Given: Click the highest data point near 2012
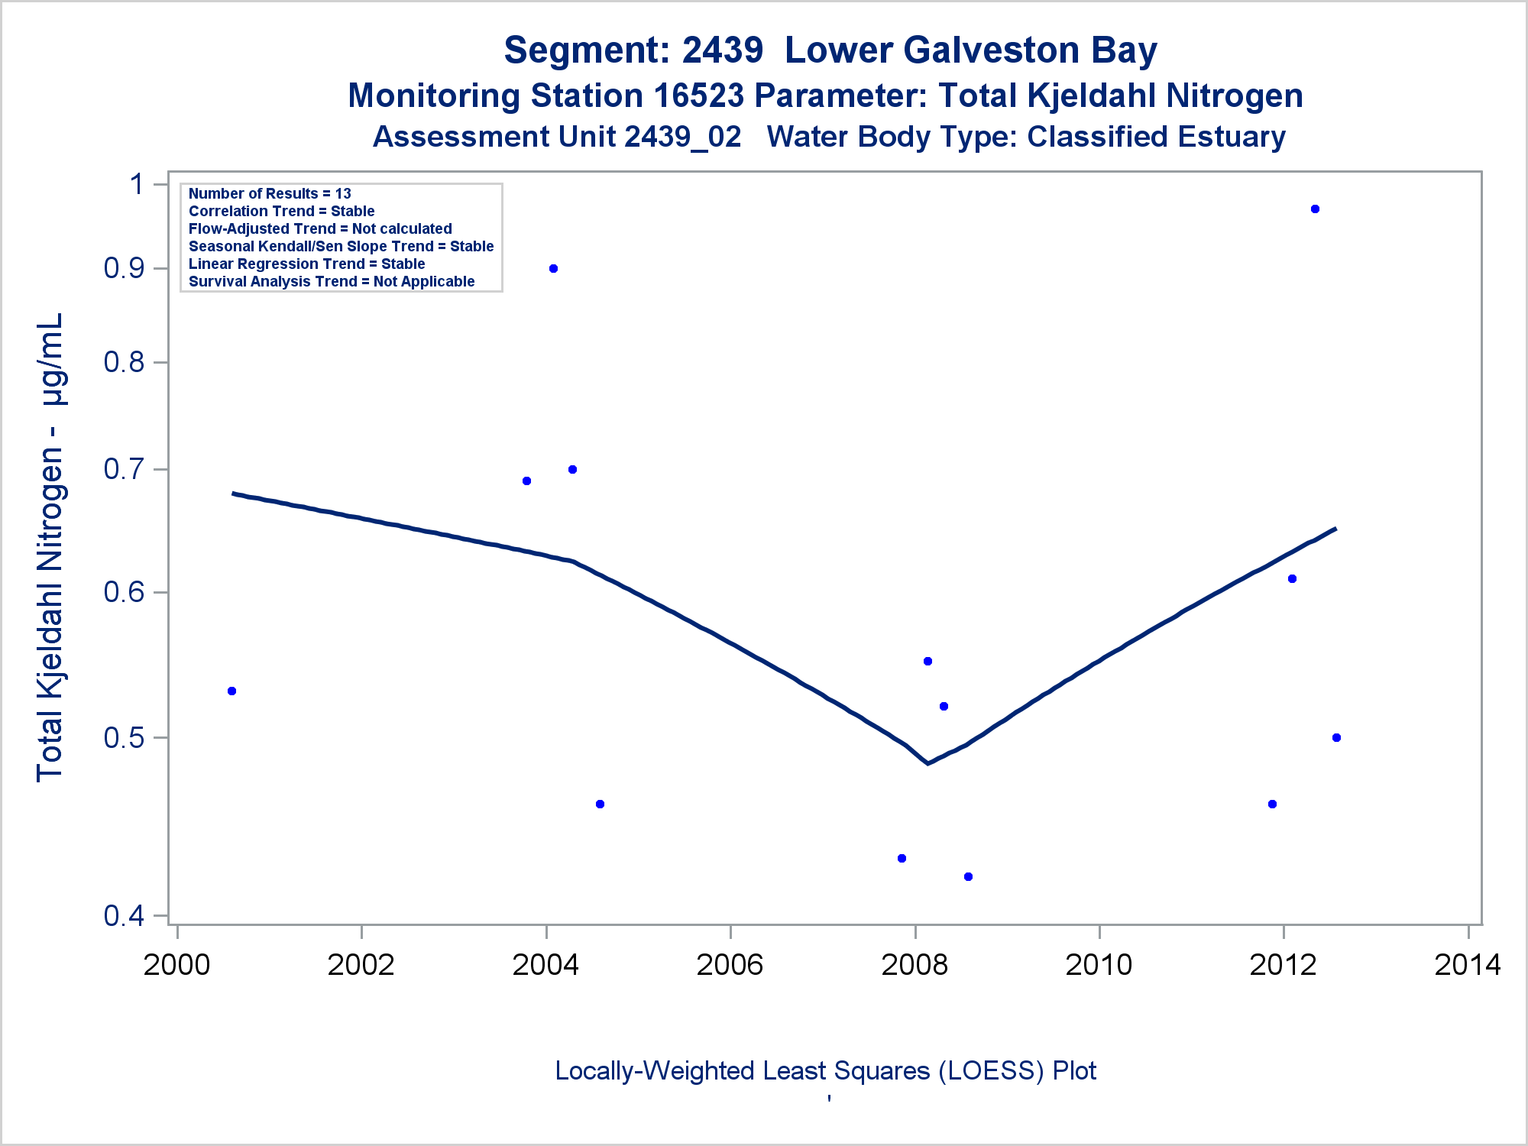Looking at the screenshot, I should click(x=1315, y=209).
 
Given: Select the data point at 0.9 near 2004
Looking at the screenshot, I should click(x=553, y=268).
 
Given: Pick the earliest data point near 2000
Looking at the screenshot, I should click(x=232, y=691).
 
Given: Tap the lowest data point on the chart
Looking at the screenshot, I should click(x=968, y=876).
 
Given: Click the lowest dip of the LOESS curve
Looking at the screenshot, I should click(x=927, y=762).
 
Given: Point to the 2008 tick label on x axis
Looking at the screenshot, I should click(x=915, y=965).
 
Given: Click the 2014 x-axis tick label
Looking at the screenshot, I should click(x=1468, y=965).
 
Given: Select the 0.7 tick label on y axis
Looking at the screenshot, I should click(x=124, y=469).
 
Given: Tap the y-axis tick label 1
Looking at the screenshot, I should click(x=138, y=184).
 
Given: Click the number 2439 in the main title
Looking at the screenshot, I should click(x=722, y=50).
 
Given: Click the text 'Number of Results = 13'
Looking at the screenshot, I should click(x=270, y=193).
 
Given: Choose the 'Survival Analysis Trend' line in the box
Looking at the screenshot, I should click(x=332, y=281).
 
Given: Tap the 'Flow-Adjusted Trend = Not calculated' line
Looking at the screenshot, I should click(x=320, y=228).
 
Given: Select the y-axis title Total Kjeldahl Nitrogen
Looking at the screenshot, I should click(x=50, y=546).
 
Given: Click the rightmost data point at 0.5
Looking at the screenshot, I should click(x=1336, y=737).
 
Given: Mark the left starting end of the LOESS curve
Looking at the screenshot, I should click(x=234, y=494).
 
